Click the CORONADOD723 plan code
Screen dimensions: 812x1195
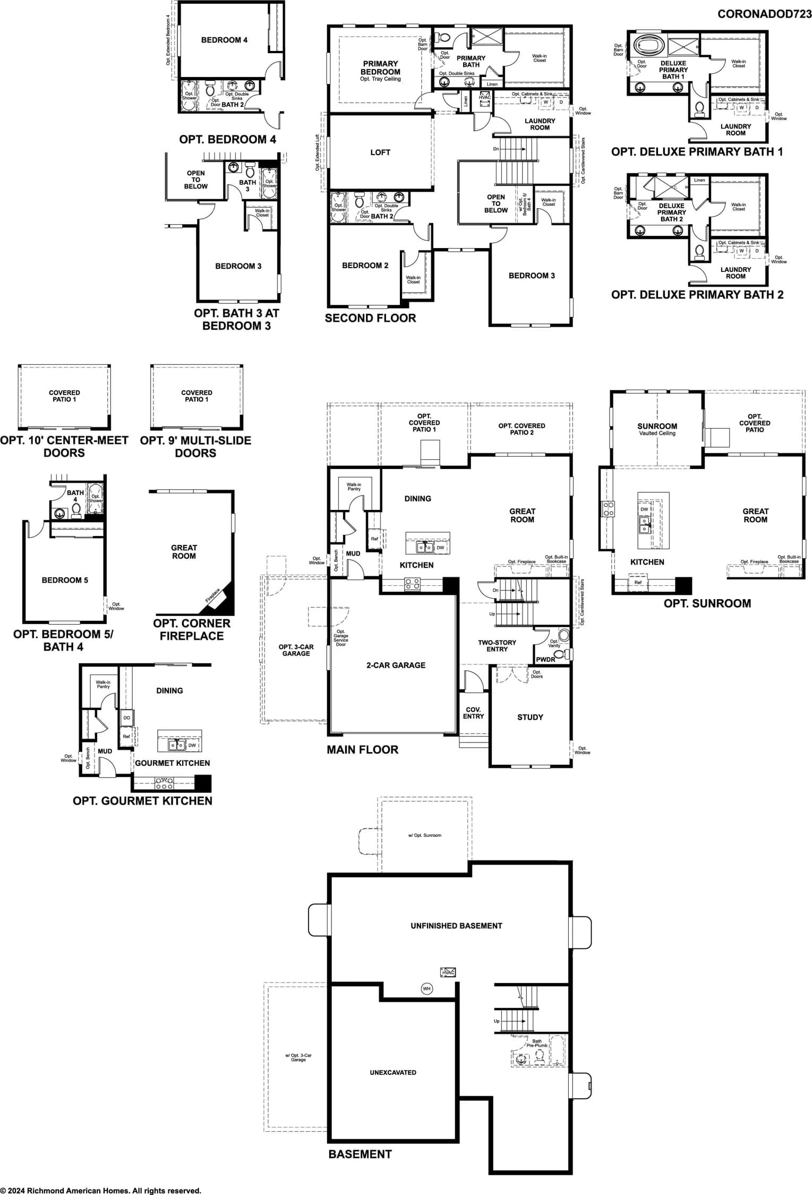(x=764, y=14)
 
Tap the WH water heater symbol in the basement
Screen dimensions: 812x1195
(x=426, y=988)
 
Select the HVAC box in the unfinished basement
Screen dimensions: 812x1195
(x=448, y=972)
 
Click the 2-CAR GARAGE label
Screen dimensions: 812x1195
(x=396, y=665)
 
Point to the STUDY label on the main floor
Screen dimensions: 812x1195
(x=530, y=717)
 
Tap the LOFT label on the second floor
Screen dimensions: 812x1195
(x=380, y=152)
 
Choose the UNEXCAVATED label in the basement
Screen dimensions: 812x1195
(x=393, y=1072)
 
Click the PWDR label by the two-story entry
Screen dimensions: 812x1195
(x=545, y=659)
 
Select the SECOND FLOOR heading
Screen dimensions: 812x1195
(x=370, y=318)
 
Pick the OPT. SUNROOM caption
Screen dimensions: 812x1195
(x=707, y=603)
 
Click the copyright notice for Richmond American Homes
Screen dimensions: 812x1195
(x=101, y=1191)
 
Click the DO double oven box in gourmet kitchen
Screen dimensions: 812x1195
(x=126, y=718)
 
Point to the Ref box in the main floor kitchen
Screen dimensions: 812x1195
(x=374, y=539)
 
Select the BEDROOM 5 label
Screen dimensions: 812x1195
(x=65, y=580)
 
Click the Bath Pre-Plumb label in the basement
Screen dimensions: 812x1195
(x=537, y=1043)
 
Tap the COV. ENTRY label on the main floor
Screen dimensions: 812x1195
(x=473, y=713)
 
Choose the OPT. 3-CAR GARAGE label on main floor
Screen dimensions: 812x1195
(x=296, y=650)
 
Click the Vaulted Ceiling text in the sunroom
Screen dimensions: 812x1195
(x=657, y=433)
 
